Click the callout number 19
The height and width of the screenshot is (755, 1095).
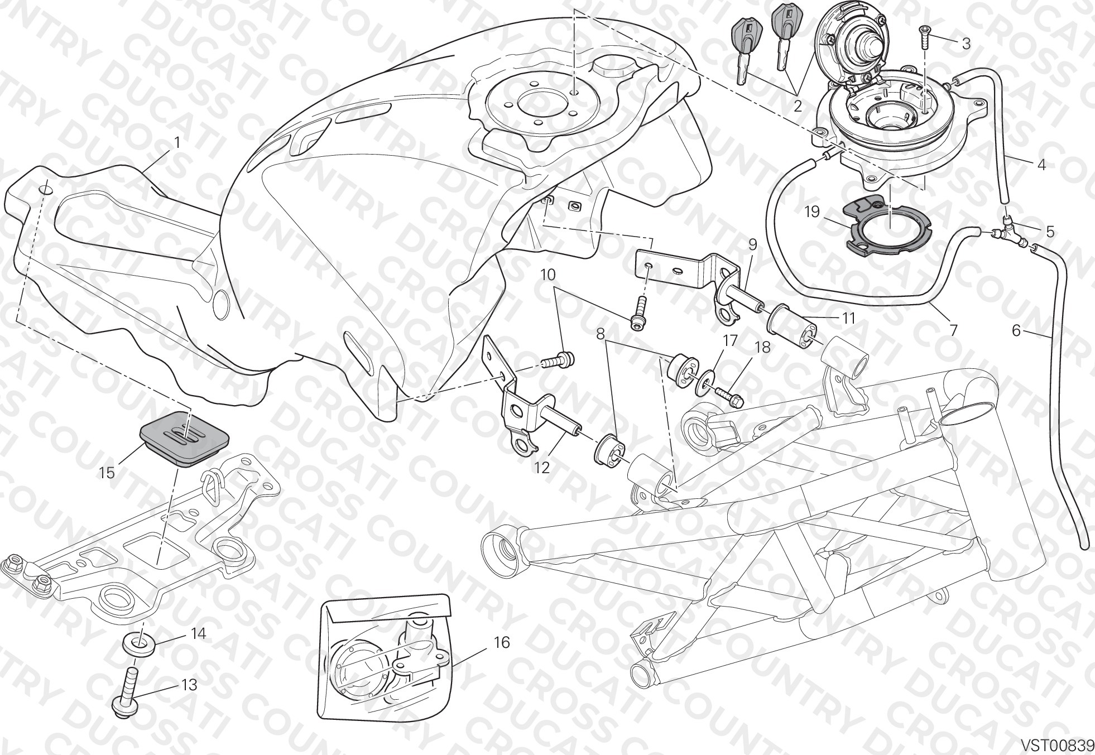(x=811, y=212)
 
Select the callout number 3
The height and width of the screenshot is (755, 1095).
(x=966, y=43)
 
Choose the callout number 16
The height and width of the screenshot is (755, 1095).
(x=502, y=642)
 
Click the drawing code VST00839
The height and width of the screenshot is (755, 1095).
(x=1057, y=745)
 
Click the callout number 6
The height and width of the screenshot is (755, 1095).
(x=1016, y=331)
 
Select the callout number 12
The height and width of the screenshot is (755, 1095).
(x=541, y=468)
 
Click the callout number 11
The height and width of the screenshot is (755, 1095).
(x=848, y=318)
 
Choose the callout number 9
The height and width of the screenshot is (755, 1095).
(x=752, y=244)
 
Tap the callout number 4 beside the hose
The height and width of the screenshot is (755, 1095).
(x=1041, y=165)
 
